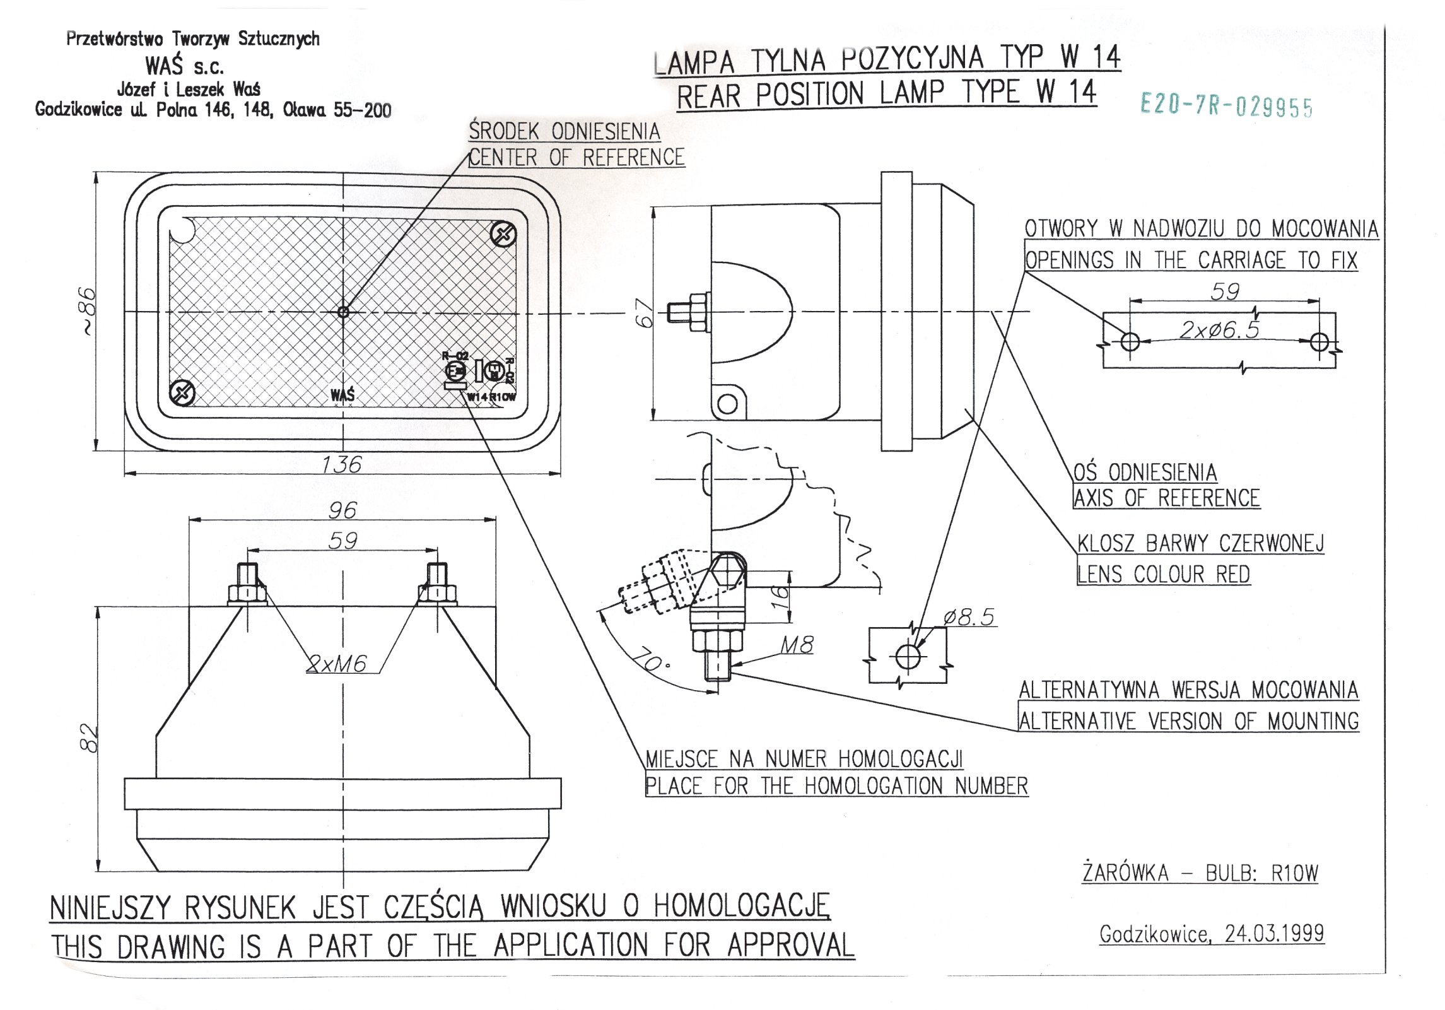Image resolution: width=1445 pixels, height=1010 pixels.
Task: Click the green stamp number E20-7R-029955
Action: tap(1226, 106)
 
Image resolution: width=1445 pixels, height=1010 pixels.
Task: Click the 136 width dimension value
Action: tap(341, 465)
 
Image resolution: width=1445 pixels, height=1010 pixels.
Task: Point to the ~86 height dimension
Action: tap(88, 311)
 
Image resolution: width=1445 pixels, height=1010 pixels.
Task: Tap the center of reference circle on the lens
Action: tap(343, 312)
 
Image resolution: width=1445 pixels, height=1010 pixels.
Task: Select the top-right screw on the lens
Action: tap(503, 236)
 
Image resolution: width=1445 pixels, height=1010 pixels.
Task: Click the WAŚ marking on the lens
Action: tap(342, 396)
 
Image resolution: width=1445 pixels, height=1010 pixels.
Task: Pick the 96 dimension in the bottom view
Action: tap(342, 510)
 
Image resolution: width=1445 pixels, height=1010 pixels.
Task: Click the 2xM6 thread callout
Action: tap(337, 664)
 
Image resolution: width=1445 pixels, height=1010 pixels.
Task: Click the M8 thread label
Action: tap(797, 645)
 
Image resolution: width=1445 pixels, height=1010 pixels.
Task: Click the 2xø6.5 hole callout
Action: tap(1219, 329)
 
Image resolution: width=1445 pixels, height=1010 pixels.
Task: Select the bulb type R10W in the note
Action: tap(1294, 873)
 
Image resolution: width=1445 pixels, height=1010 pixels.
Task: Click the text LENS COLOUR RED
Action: tap(1163, 574)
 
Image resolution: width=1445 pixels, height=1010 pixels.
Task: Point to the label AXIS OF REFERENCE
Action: tap(1166, 498)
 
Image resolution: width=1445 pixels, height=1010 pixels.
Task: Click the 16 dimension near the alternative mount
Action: tap(781, 593)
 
